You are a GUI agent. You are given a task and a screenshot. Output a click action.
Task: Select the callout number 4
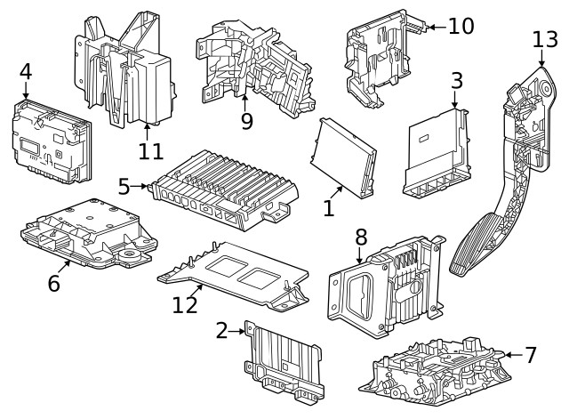pos(25,70)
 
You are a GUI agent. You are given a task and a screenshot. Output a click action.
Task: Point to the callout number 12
pos(185,305)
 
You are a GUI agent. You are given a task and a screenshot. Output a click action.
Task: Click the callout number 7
pos(531,355)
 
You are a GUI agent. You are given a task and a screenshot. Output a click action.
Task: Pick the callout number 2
pos(221,331)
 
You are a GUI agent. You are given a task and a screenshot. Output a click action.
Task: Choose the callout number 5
pos(124,186)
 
